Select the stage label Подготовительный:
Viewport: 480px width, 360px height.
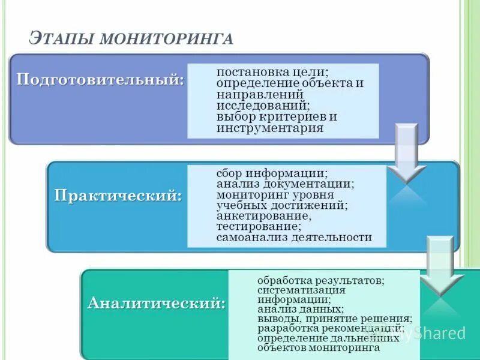tap(100, 80)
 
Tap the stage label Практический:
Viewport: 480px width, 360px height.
tap(118, 196)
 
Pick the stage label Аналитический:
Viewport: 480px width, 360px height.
tap(157, 302)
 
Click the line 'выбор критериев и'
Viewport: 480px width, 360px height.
tap(277, 116)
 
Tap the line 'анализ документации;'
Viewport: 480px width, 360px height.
tap(285, 184)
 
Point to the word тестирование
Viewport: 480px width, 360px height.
tap(257, 227)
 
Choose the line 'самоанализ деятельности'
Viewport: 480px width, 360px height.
tap(294, 238)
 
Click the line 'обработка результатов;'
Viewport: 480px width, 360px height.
tap(321, 280)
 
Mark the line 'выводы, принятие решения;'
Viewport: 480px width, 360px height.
tap(334, 319)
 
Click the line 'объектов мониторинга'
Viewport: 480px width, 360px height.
tap(318, 347)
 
